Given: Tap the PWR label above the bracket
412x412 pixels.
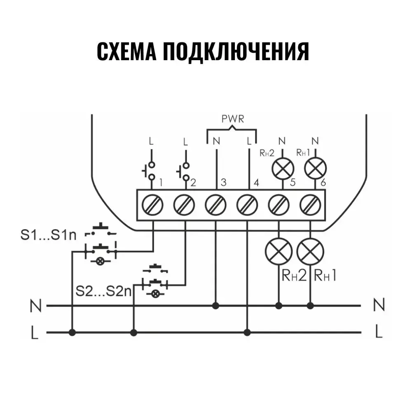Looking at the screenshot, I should coord(233,120).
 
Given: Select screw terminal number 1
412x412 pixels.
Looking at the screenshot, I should coord(152,204).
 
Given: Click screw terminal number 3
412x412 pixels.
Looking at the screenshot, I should coord(216,204).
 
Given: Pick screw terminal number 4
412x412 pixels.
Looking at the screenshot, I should coord(248,204).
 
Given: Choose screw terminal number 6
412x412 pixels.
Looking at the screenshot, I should coord(311,204).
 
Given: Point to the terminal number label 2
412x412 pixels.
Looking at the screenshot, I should coord(192,182).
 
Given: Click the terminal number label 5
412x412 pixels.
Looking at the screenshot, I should coord(293,182).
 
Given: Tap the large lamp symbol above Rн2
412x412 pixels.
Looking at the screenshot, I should coord(279,252).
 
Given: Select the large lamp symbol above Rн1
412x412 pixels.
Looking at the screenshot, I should coord(311,252).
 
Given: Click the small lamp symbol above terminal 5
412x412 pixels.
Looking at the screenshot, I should coord(282,168).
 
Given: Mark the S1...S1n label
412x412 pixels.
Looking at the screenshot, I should coord(49,236).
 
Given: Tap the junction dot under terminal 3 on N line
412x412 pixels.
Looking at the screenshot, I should coord(215,306).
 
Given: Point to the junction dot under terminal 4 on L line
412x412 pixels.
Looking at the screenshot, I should coord(247,332).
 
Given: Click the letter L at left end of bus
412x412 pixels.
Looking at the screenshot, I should coord(35,332).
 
